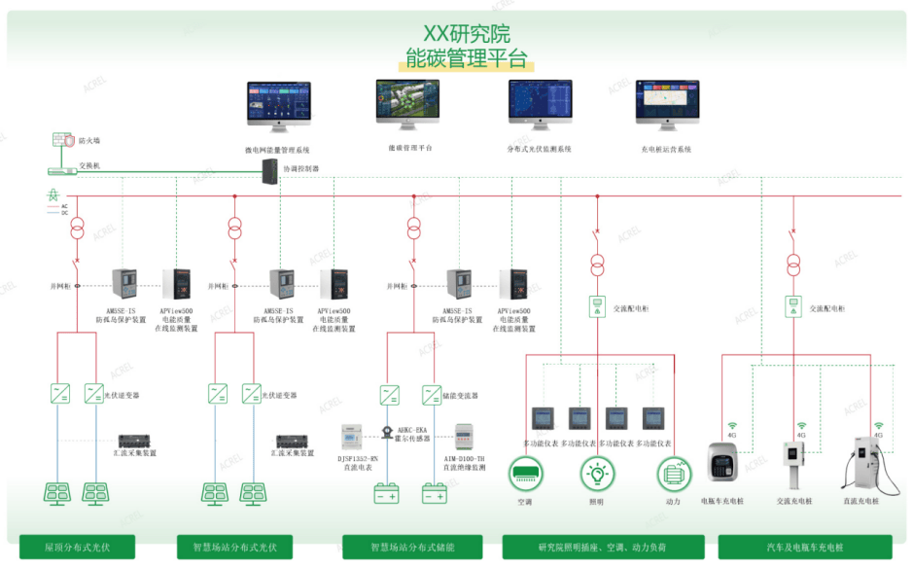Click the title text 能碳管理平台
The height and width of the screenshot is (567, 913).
click(467, 57)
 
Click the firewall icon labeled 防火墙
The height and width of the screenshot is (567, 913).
click(61, 141)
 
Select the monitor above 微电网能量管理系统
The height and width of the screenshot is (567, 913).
click(278, 107)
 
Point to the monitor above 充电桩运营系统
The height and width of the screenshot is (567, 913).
click(667, 105)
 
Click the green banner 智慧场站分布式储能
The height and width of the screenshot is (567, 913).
click(412, 546)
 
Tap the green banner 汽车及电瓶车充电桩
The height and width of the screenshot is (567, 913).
click(804, 546)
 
